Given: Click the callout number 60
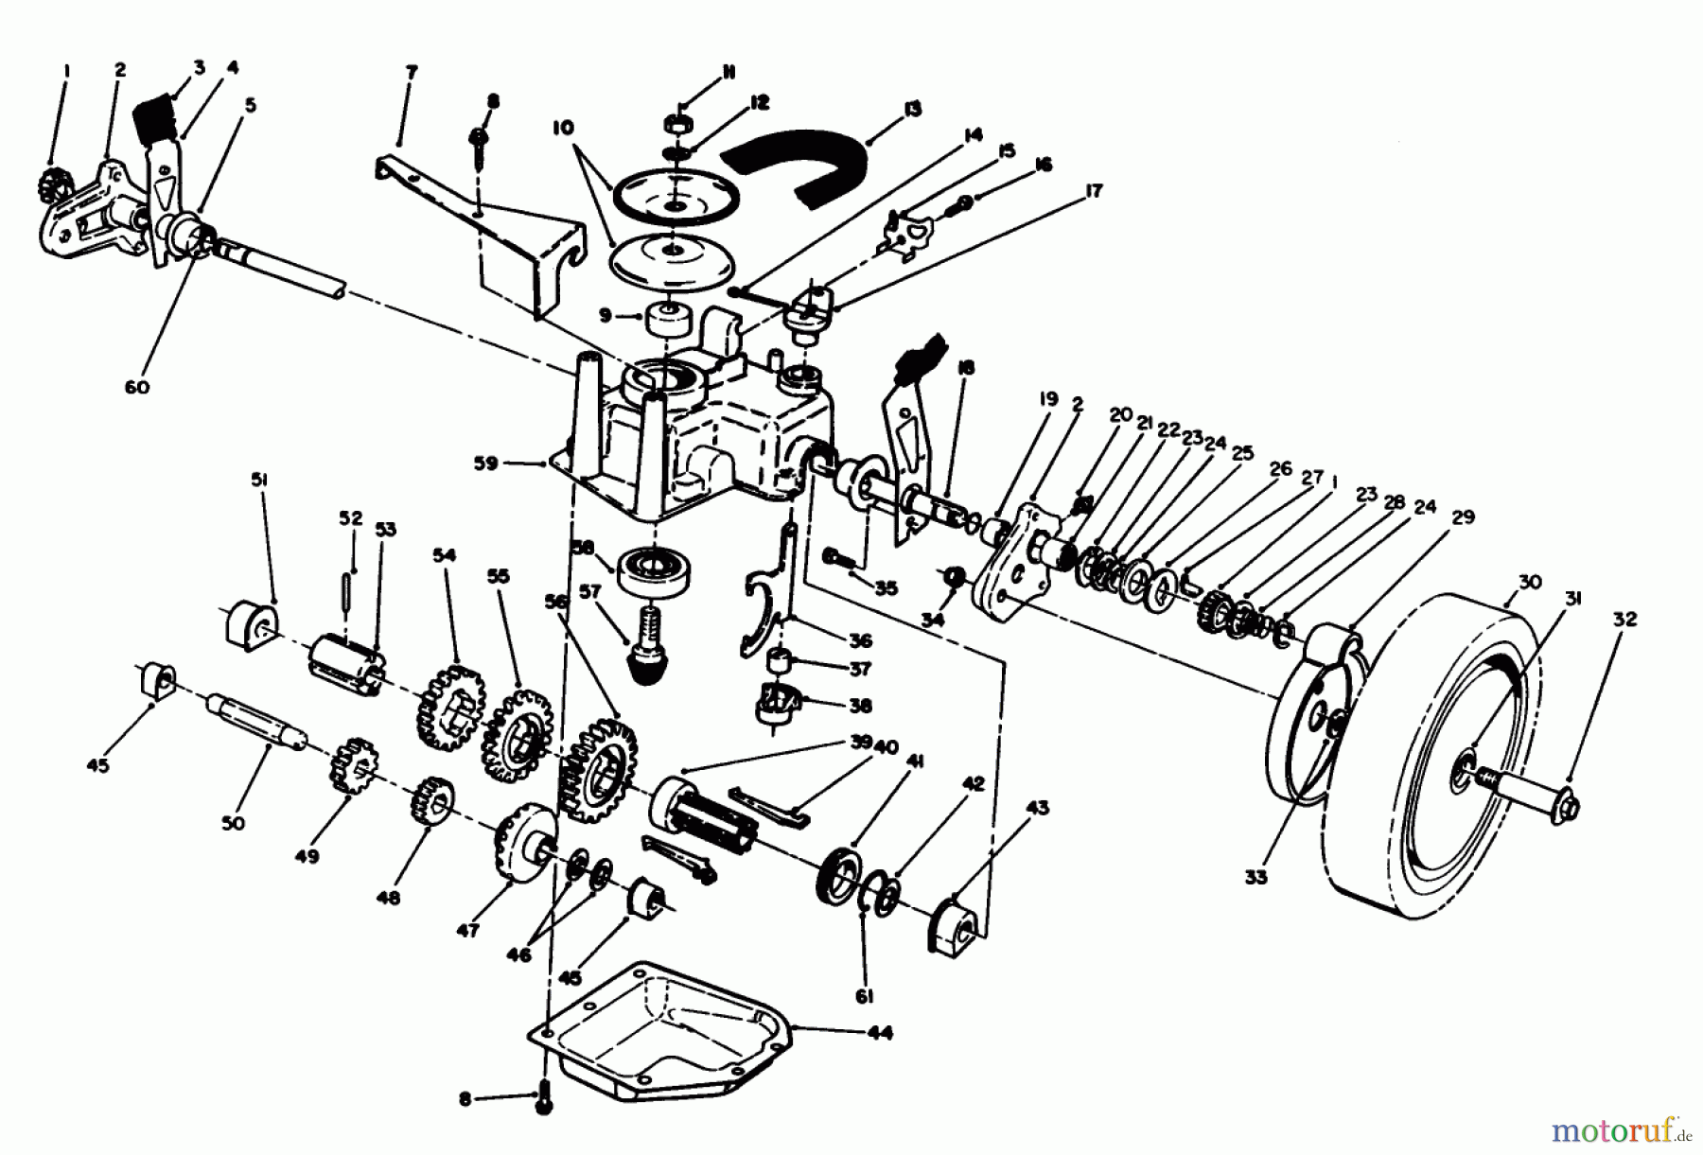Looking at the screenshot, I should [x=137, y=387].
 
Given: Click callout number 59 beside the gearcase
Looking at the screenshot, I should [x=496, y=464].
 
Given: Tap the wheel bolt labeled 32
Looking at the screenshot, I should [x=1552, y=804].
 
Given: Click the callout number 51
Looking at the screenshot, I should [x=257, y=480].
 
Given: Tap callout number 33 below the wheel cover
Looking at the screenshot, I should [x=1255, y=877].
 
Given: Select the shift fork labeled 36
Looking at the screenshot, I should [x=764, y=615].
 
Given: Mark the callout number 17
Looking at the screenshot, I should [x=1094, y=191].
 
